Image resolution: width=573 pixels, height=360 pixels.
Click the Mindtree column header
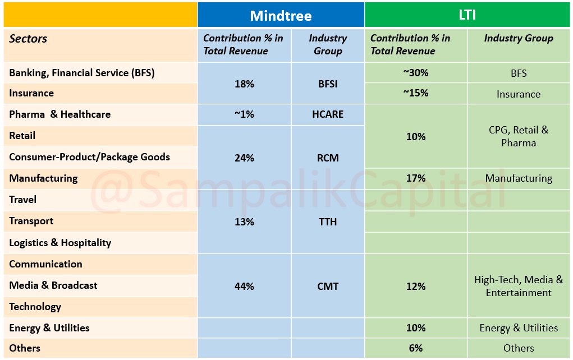click(x=281, y=15)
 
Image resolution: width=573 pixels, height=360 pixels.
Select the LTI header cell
click(x=467, y=15)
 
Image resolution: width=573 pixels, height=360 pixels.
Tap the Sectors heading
click(x=28, y=39)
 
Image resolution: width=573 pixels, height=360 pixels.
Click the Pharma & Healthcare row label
click(x=60, y=114)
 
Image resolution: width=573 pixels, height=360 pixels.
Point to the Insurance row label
click(x=31, y=93)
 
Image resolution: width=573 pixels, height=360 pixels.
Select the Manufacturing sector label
click(x=43, y=178)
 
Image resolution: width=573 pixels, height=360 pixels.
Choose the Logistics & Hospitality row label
click(x=60, y=243)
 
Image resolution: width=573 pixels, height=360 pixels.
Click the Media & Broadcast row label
click(x=53, y=285)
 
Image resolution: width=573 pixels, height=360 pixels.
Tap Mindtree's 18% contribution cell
click(x=244, y=84)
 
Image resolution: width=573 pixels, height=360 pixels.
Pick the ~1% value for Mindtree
click(x=244, y=114)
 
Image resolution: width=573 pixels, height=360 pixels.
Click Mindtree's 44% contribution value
click(x=244, y=286)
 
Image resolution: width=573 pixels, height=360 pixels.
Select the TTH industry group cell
click(x=328, y=222)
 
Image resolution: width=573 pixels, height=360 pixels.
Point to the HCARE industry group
click(x=328, y=114)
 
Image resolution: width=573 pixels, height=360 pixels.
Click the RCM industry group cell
click(x=328, y=158)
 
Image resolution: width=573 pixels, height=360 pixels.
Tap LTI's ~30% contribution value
click(x=415, y=72)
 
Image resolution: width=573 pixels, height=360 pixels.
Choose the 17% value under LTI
click(x=415, y=178)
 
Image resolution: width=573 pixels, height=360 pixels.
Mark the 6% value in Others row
click(x=415, y=348)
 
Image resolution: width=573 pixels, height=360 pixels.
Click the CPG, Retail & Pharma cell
click(x=519, y=136)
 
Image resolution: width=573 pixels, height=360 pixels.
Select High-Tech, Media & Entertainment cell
click(x=519, y=286)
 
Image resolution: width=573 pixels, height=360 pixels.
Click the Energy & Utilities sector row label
click(x=49, y=328)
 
